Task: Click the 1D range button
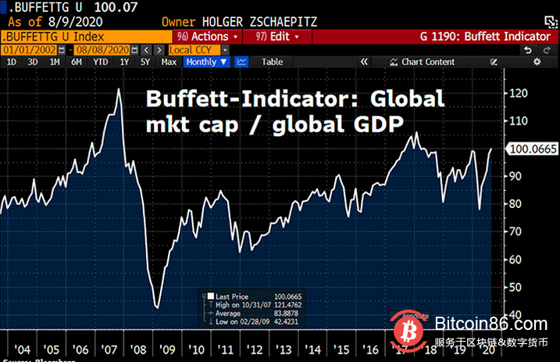(11, 61)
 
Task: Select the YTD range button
(100, 61)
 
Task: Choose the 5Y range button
(144, 61)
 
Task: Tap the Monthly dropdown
(207, 61)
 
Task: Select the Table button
(272, 61)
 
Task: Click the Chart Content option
(426, 62)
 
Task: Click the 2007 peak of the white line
(118, 89)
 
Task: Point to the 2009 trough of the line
(157, 307)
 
